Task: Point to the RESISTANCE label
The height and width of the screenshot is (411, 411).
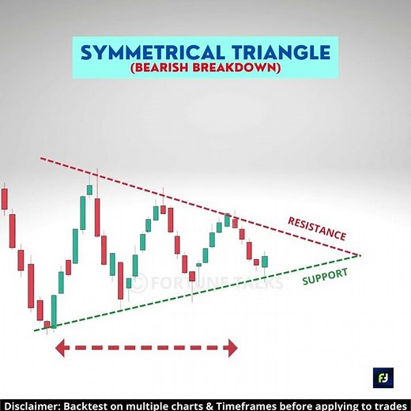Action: tap(317, 228)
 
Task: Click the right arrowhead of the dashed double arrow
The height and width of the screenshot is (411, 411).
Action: tap(232, 347)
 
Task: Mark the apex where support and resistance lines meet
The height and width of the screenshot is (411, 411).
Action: tap(360, 255)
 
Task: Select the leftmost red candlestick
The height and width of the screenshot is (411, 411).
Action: tap(4, 198)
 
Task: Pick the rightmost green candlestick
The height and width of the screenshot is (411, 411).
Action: tap(264, 262)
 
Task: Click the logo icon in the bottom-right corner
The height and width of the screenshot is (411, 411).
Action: tap(383, 377)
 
